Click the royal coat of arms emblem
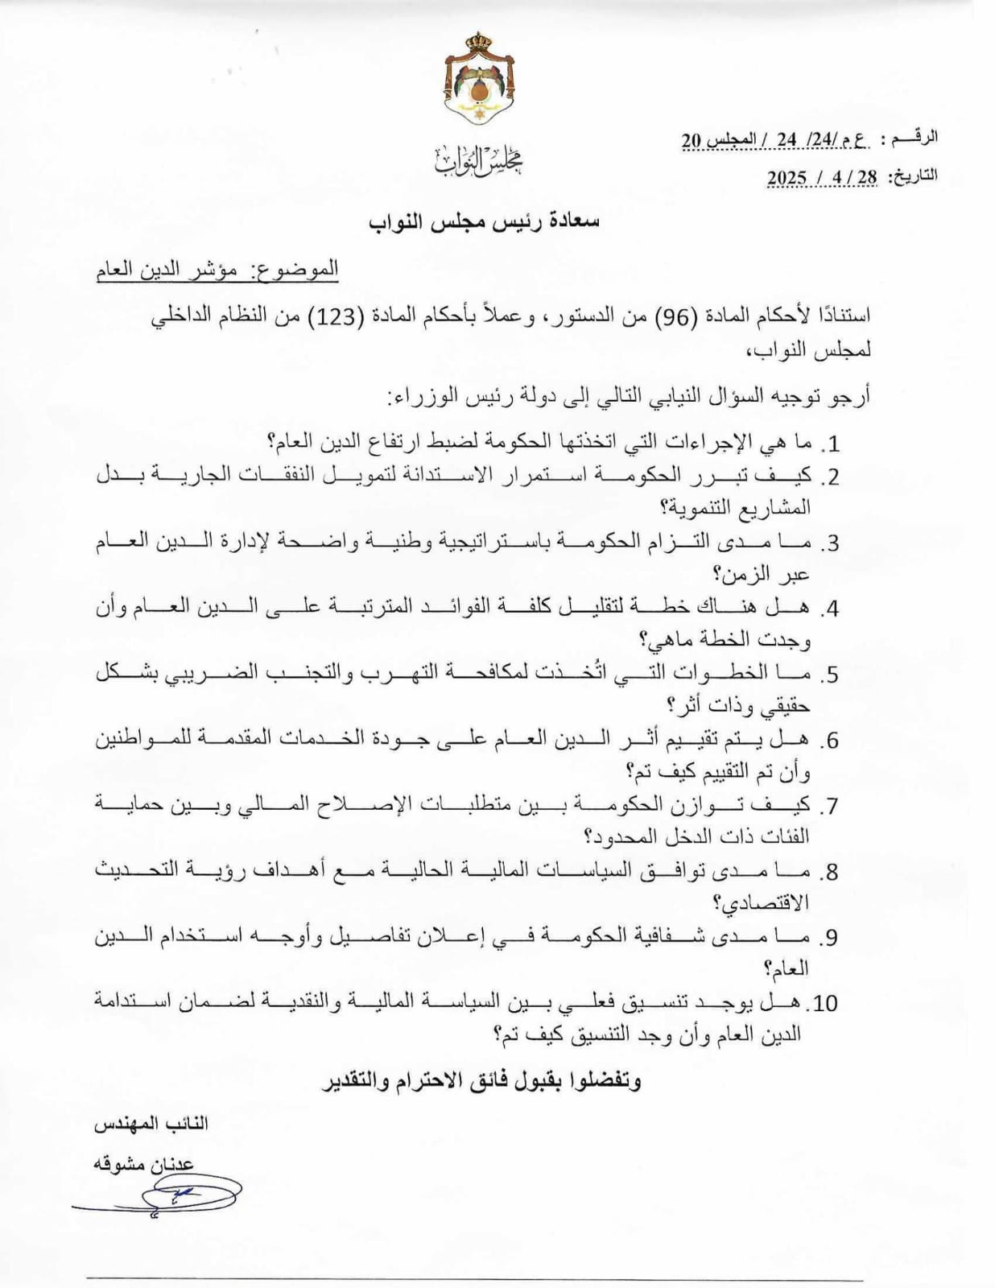pos(480,80)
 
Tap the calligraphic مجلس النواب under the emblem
pos(480,161)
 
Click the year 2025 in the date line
pos(787,178)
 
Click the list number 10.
pos(824,1003)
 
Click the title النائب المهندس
pos(152,1125)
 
